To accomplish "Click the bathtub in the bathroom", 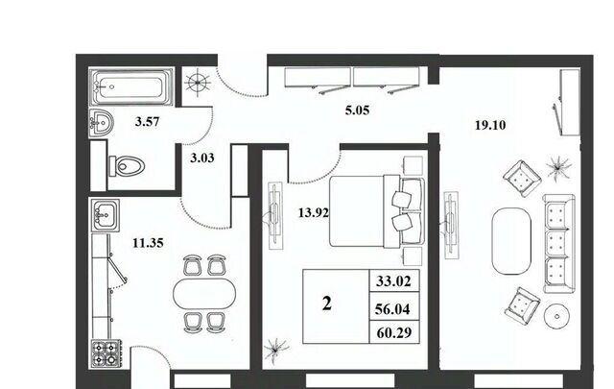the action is click(131, 86).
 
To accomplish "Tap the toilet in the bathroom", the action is click(127, 166).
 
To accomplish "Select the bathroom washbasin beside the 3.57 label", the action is click(101, 123).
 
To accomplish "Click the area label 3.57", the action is click(147, 122).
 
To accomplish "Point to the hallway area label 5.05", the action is click(357, 110).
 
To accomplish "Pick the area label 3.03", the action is click(202, 158).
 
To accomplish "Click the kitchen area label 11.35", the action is click(148, 243).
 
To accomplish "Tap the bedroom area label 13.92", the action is click(314, 213).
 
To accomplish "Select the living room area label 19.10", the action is click(490, 125).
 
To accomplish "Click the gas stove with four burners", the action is click(106, 353).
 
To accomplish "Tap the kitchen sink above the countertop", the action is click(105, 215).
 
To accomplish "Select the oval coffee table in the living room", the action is click(511, 241).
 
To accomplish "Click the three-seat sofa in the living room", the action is click(558, 243).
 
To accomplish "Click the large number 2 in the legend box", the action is click(326, 304).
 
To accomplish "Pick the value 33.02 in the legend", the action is click(393, 281).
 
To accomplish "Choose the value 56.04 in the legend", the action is click(392, 309).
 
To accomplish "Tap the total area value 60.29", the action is click(394, 333).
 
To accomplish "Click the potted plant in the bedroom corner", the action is click(275, 349).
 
